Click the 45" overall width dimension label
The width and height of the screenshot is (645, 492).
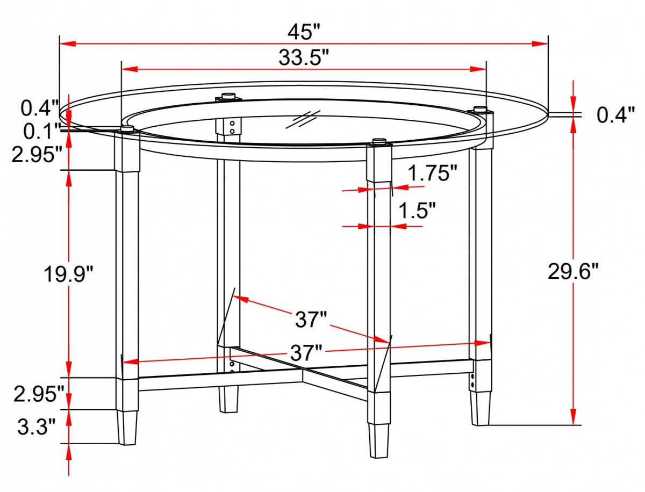click(303, 32)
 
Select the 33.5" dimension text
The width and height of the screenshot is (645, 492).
click(303, 57)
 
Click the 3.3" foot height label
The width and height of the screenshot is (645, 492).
click(37, 428)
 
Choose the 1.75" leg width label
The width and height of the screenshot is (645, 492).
click(432, 173)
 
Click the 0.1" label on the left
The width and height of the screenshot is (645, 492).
click(41, 131)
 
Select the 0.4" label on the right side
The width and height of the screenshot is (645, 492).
click(616, 115)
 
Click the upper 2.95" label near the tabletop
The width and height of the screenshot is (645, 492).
click(38, 155)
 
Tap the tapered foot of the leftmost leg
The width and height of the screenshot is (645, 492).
click(127, 428)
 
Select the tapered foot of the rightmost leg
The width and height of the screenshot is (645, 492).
click(481, 408)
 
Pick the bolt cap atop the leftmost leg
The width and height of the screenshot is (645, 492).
click(127, 128)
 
